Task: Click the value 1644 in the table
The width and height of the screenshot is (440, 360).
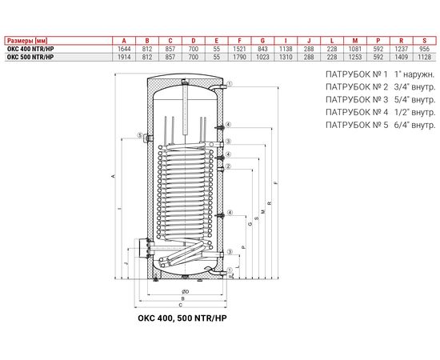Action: click(123, 49)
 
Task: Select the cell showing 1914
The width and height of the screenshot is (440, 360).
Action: click(123, 57)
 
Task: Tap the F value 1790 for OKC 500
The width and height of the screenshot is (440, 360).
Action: click(240, 57)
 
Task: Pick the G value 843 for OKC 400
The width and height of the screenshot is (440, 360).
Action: click(262, 49)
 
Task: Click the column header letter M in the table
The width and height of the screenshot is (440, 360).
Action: click(354, 40)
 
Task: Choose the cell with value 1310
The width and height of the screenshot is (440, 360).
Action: click(286, 57)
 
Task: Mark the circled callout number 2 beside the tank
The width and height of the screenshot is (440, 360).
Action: click(229, 166)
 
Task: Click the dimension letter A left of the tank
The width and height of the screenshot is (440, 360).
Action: click(113, 177)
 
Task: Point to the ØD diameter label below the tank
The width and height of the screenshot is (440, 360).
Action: click(185, 291)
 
